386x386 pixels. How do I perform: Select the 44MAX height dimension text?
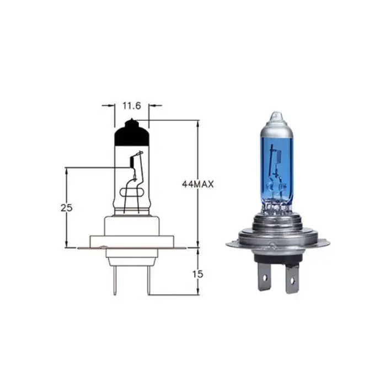(197, 184)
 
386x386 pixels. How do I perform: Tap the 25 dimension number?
(67, 208)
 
